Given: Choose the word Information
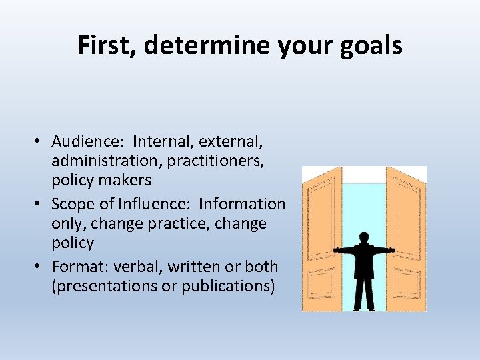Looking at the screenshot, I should click(x=242, y=204).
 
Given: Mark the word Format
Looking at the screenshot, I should click(x=75, y=267).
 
